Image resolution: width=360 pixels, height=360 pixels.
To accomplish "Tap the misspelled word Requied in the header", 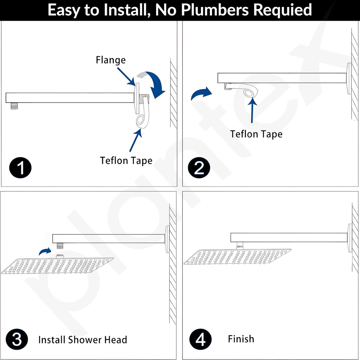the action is pyautogui.click(x=282, y=10).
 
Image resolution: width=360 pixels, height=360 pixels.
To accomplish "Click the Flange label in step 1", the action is pyautogui.click(x=111, y=60).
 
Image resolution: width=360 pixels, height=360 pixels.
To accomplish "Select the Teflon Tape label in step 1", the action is pyautogui.click(x=126, y=161).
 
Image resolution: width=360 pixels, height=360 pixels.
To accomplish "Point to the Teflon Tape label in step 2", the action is pyautogui.click(x=256, y=134).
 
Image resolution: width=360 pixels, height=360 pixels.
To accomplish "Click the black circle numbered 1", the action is pyautogui.click(x=20, y=168).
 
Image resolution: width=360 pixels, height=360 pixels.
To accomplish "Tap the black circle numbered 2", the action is pyautogui.click(x=199, y=168).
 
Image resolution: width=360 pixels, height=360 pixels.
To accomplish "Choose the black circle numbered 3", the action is pyautogui.click(x=17, y=339).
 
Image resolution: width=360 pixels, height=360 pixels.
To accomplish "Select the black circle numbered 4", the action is pyautogui.click(x=200, y=339).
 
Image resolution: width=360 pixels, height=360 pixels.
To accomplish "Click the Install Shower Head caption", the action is pyautogui.click(x=83, y=340).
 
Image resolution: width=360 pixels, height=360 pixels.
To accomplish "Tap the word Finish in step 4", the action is pyautogui.click(x=241, y=339).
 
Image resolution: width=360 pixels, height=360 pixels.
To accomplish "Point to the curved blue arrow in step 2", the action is pyautogui.click(x=201, y=93).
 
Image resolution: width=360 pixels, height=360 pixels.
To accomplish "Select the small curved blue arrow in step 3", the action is pyautogui.click(x=45, y=251).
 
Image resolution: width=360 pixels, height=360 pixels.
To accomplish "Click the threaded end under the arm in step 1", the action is pyautogui.click(x=14, y=106).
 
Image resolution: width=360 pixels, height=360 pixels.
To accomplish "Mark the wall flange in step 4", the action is pyautogui.click(x=350, y=238).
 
